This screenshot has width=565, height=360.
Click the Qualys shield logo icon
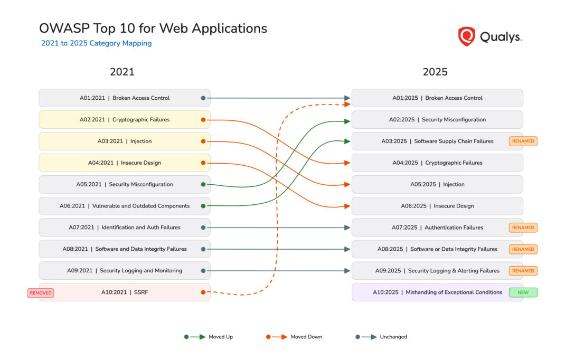[x=466, y=36]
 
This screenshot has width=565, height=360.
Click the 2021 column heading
[x=122, y=72]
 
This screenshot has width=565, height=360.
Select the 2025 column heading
[x=435, y=72]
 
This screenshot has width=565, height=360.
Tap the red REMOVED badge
[x=41, y=292]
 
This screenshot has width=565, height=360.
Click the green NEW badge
[x=523, y=292]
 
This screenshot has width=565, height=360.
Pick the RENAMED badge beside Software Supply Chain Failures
[x=523, y=141]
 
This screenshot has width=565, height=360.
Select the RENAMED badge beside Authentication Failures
[x=523, y=228]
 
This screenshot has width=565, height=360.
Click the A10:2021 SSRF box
[x=125, y=292]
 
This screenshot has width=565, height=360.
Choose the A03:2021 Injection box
[x=125, y=141]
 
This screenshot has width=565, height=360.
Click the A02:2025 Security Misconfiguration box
[x=437, y=119]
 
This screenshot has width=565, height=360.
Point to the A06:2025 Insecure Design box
[x=437, y=206]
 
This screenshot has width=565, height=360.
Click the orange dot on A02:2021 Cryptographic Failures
[x=203, y=120]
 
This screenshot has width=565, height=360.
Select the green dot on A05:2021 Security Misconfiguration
[x=203, y=185]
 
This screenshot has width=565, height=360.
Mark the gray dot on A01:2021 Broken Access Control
[x=203, y=98]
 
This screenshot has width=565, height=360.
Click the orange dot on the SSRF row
[x=203, y=292]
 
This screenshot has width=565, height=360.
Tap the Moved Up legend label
[x=220, y=337]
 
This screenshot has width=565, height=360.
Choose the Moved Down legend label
[x=306, y=337]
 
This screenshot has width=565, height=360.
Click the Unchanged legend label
[x=393, y=337]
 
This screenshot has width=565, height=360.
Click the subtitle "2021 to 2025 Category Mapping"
[x=96, y=43]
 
